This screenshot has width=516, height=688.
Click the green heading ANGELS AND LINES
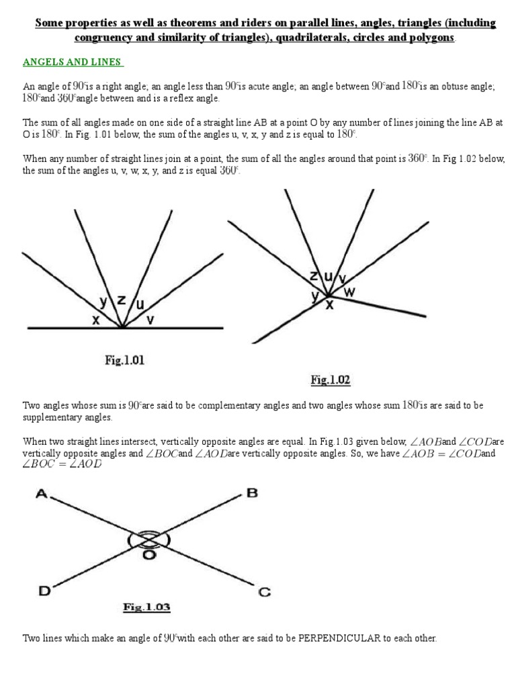pos(73,62)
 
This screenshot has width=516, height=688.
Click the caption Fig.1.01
pos(124,360)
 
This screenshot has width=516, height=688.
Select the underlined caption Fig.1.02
pos(330,380)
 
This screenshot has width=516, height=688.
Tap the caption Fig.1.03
pos(146,607)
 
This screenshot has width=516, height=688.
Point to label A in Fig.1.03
pos(42,494)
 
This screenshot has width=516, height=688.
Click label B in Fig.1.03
pos(253,493)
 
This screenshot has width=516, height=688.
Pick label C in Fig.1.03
pos(264,592)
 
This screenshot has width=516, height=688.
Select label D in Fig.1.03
pos(44,591)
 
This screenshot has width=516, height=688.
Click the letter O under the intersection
pos(148,555)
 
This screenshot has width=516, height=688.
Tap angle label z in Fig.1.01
pos(121,300)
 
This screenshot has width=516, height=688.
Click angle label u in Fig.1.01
pos(140,304)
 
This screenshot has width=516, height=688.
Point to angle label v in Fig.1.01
pos(150,320)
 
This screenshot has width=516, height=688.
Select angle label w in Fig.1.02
pos(350,292)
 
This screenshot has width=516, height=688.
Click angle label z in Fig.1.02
pos(314,276)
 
